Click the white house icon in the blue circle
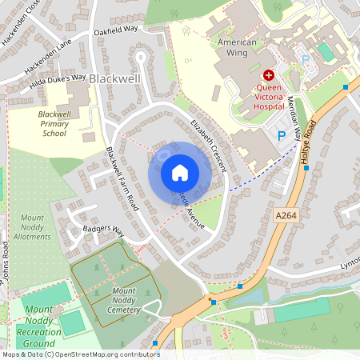point(180,172)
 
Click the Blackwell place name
point(114,79)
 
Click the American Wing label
point(238,47)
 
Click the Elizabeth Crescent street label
point(209,145)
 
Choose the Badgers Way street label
point(103,230)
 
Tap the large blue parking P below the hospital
point(281,136)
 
